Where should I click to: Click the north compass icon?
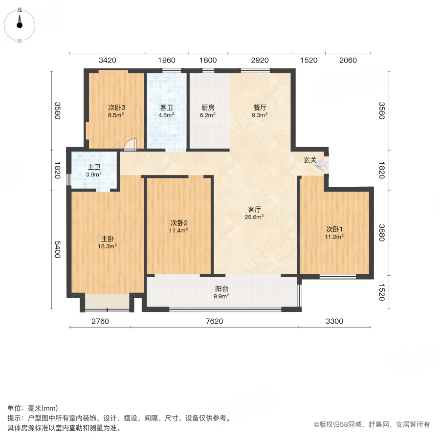pos(20,22)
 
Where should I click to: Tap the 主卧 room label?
pos(108,239)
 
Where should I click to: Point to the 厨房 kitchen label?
pos(208,108)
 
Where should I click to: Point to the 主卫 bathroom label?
pos(94,167)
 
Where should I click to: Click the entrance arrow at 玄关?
pos(321,166)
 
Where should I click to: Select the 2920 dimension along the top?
pos(260,60)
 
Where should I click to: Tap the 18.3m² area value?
pos(108,246)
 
